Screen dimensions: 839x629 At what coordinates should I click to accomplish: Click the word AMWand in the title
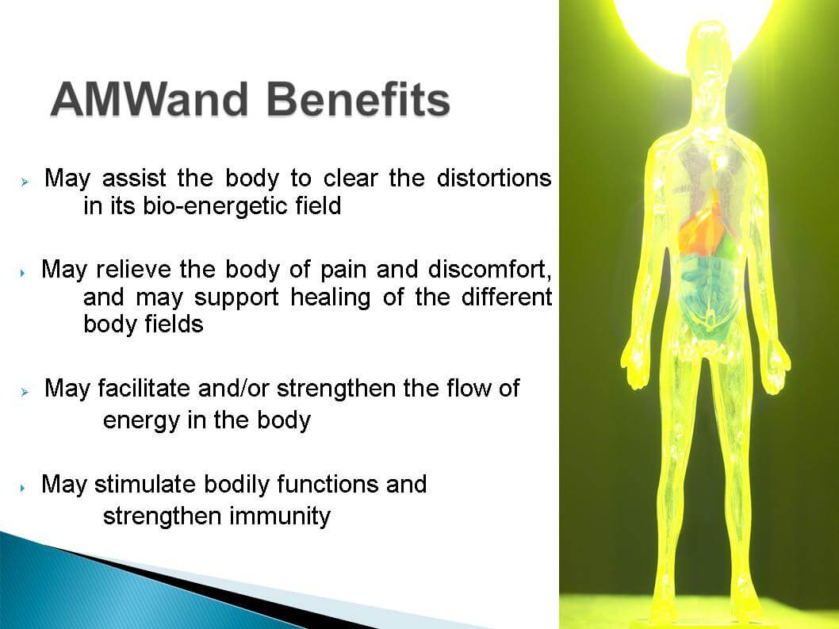coord(150,100)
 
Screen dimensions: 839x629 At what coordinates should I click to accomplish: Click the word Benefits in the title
coord(358,100)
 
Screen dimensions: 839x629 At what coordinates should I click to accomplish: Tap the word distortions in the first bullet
coord(494,178)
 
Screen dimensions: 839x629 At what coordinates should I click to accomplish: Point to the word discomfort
coord(489,269)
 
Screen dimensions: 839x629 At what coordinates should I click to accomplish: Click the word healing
coord(330,297)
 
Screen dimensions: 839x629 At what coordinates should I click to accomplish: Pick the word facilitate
coord(144,388)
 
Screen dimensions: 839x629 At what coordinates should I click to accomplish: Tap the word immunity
coord(280,516)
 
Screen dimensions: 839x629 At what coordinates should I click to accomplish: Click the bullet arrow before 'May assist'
coord(25,182)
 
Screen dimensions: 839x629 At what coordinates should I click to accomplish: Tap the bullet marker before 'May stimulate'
coord(22,488)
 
